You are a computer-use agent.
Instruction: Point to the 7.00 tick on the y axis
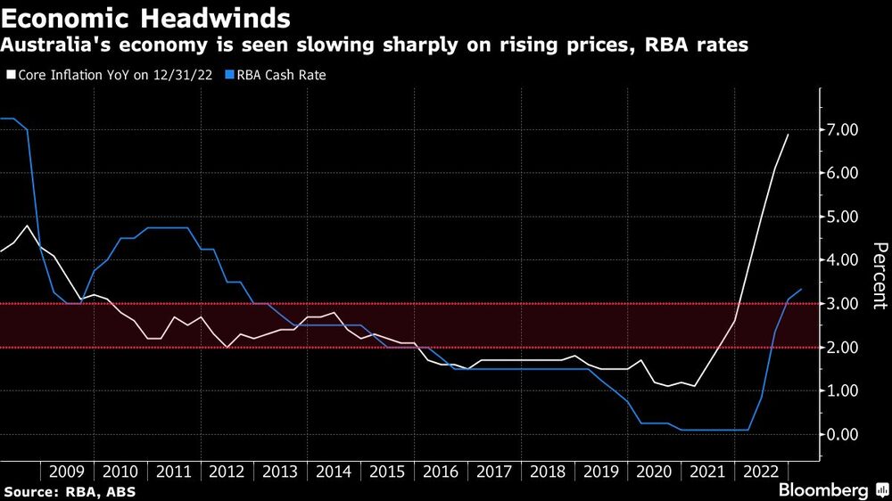pos(843,130)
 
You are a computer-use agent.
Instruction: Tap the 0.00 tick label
pos(843,434)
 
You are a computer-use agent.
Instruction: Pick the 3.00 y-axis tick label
pos(843,304)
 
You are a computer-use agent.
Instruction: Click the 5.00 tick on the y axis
pos(843,217)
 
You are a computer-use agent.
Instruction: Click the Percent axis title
pos(879,275)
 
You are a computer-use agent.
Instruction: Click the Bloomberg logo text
pos(824,490)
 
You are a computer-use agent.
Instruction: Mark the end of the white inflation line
pos(789,134)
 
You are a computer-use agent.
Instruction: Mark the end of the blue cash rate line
pos(801,289)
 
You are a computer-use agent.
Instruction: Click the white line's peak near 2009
pos(27,226)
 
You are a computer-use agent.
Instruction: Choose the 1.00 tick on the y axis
pos(843,390)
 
